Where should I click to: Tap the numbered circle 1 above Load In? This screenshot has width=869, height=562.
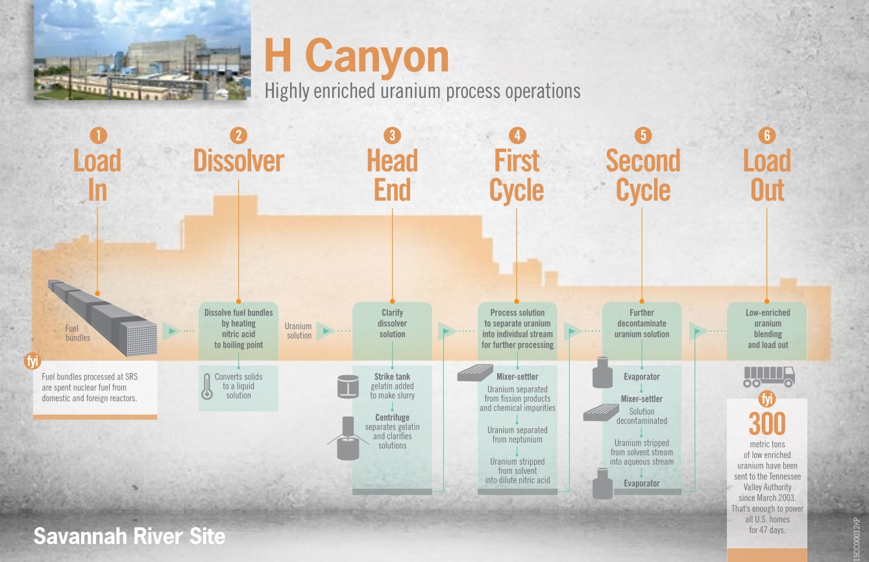click(98, 136)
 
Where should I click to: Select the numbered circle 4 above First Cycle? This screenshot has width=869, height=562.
click(517, 136)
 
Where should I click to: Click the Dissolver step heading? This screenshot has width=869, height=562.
click(239, 160)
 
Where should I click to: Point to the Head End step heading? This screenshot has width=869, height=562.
click(392, 175)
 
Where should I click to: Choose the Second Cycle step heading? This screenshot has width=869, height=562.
click(643, 175)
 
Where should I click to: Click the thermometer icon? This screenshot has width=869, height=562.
click(207, 386)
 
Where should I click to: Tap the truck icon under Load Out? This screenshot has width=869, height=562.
click(769, 376)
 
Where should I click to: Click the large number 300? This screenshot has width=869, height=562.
click(767, 423)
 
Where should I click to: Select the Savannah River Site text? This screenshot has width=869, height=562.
click(129, 536)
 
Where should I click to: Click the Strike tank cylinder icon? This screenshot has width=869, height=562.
click(348, 386)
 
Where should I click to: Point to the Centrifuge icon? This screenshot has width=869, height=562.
click(348, 438)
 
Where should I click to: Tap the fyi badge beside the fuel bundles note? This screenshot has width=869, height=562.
click(32, 361)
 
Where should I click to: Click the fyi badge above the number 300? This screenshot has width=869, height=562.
click(767, 399)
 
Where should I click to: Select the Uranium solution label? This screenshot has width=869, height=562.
click(299, 331)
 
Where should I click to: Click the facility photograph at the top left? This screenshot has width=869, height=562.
click(142, 49)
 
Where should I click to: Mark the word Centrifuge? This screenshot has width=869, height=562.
click(392, 417)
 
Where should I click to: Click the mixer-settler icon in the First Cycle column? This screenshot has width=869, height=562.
click(475, 373)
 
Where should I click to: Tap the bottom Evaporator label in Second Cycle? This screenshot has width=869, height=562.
click(642, 483)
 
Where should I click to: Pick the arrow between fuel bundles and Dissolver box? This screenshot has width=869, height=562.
click(178, 331)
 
